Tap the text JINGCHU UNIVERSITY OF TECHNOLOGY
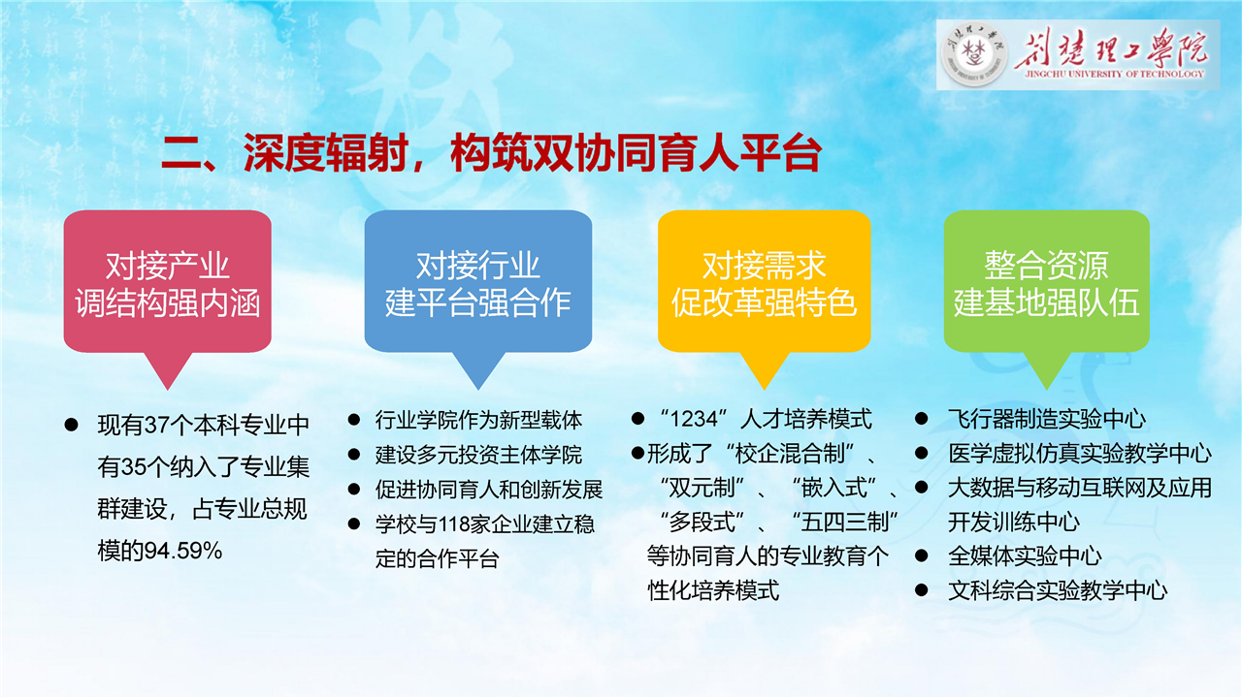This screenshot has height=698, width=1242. [1115, 74]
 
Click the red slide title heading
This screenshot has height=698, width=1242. [491, 153]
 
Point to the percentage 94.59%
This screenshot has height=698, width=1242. [183, 552]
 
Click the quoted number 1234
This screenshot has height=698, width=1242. [694, 420]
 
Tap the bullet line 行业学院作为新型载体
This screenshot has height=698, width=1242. [478, 421]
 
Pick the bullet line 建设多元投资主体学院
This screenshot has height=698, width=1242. [478, 455]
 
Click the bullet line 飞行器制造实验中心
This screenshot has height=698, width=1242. [1047, 420]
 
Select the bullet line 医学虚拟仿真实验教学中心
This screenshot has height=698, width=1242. [1080, 454]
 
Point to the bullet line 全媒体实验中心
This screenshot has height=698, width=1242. [1025, 556]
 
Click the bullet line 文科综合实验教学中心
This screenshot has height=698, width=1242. [1058, 591]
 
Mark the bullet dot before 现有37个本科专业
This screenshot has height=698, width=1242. [71, 426]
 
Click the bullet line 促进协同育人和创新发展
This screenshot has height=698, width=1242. [489, 490]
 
